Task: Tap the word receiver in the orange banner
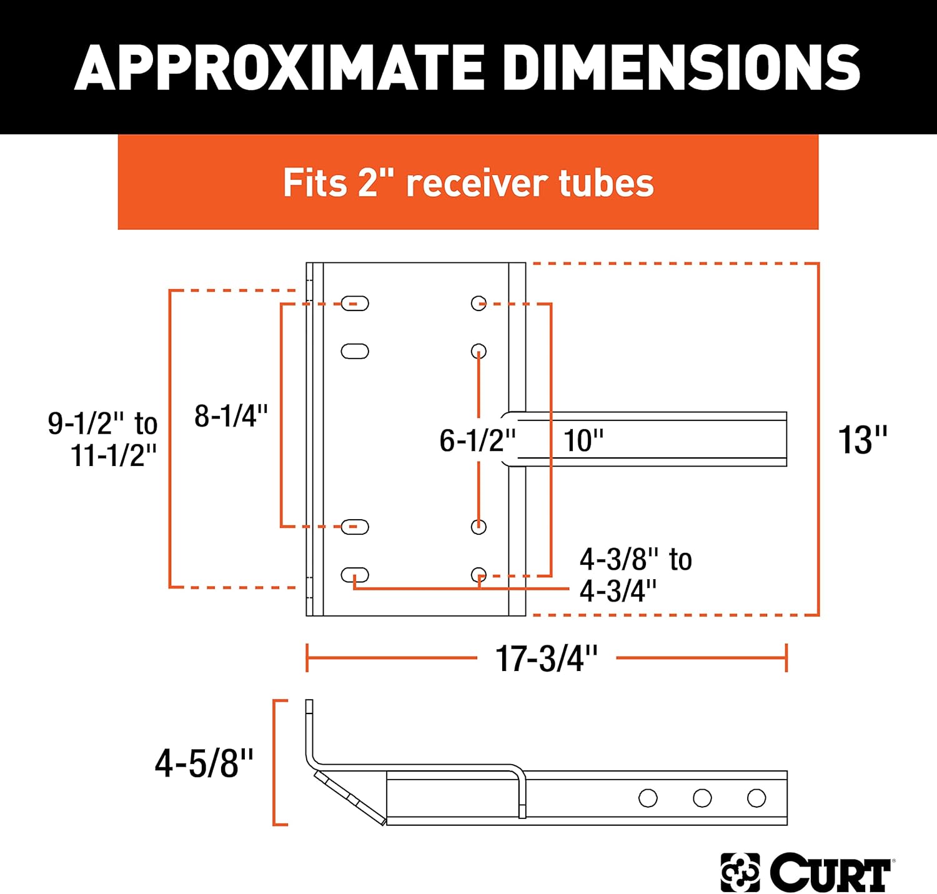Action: (476, 183)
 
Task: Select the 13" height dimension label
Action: (862, 440)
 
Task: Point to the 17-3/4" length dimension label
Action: (547, 658)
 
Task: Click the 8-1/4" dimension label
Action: (231, 416)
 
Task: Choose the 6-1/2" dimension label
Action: (477, 440)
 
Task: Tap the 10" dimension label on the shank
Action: (583, 440)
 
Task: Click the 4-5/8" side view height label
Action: (204, 763)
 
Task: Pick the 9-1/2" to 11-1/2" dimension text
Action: (104, 439)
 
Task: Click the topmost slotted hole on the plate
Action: (355, 304)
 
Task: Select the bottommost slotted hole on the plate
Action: (355, 575)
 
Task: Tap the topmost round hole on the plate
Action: (478, 304)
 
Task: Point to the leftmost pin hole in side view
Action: (648, 798)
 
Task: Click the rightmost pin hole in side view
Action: (756, 798)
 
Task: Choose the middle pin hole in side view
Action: (702, 798)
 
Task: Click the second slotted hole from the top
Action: (355, 351)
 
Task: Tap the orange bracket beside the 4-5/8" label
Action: (275, 763)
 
